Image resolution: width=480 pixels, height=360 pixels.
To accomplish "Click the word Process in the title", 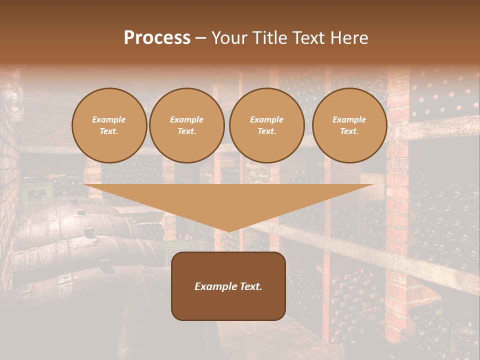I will [157, 38].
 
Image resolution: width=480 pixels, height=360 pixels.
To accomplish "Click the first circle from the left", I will [109, 125].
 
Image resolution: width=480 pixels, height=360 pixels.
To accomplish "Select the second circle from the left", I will [186, 125].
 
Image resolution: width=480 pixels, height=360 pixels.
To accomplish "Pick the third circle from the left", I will [266, 125].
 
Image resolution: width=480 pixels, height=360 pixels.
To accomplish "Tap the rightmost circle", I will [349, 125].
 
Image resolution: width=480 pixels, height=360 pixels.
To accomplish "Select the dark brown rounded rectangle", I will [228, 305].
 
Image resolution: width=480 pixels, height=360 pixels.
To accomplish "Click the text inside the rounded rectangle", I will [228, 286].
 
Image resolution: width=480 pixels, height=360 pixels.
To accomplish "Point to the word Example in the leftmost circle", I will [109, 119].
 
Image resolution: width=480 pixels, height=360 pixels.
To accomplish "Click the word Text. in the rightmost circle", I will [349, 131].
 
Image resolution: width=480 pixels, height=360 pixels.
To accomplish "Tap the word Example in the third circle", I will [266, 119].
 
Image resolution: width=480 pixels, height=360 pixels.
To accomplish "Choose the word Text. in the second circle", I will [186, 131].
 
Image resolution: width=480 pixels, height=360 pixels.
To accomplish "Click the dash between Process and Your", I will [201, 38].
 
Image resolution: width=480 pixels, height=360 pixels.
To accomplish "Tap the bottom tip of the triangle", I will [228, 230].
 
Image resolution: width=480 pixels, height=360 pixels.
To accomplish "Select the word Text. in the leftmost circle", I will [109, 131].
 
